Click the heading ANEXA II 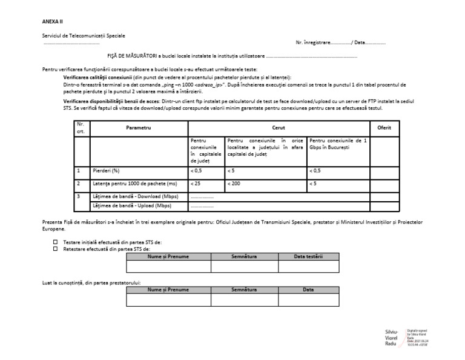click(x=53, y=21)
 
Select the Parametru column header click(x=139, y=128)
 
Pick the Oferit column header click(x=384, y=128)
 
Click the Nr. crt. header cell click(x=81, y=128)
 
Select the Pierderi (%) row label click(x=106, y=171)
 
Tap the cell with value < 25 click(x=196, y=183)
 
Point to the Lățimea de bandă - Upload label click(x=128, y=205)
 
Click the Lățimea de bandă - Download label click(x=130, y=196)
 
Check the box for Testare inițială click(x=56, y=242)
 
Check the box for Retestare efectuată click(x=56, y=248)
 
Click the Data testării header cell click(x=308, y=256)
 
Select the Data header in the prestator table click(x=308, y=290)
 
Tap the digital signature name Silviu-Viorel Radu click(x=392, y=338)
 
